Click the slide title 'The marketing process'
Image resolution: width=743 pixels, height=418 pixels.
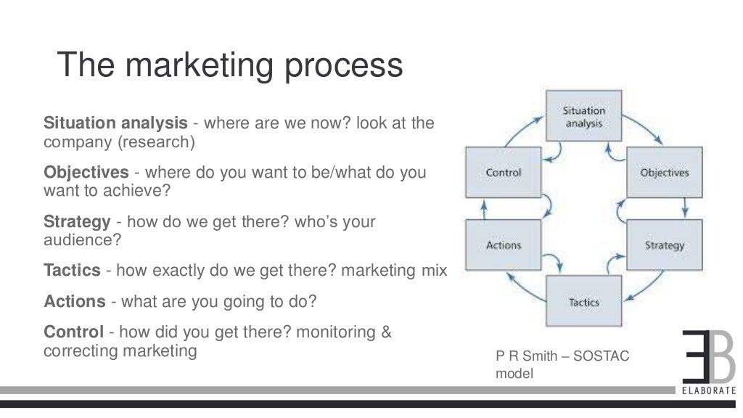[x=230, y=65]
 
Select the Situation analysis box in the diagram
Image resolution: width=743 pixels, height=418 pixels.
[x=583, y=118]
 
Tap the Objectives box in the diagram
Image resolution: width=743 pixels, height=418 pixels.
[x=664, y=173]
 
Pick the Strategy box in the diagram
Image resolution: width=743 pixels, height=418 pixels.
[x=664, y=245]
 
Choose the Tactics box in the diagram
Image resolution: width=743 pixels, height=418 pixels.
[x=583, y=301]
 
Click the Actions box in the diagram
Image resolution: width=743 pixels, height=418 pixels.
[x=504, y=245]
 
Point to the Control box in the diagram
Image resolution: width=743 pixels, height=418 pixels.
[x=504, y=173]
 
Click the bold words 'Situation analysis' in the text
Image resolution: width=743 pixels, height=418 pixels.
[x=115, y=123]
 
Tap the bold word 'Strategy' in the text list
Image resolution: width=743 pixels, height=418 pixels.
[x=77, y=222]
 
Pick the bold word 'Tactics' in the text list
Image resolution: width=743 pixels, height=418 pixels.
[x=72, y=271]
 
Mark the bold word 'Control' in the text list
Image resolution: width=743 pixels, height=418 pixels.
[x=73, y=332]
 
